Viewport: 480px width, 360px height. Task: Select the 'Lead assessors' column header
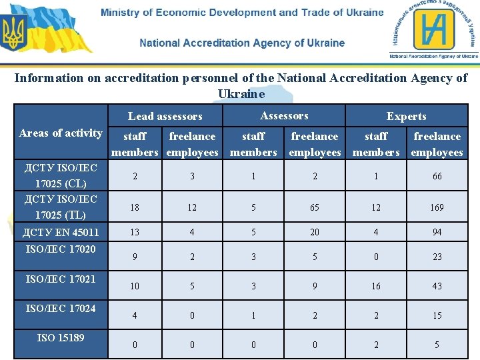click(x=165, y=116)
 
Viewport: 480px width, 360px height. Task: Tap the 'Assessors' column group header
click(x=284, y=115)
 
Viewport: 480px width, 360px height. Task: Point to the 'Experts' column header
click(x=406, y=116)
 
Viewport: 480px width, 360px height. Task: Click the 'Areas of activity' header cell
click(x=61, y=133)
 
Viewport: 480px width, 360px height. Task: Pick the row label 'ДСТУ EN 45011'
click(x=61, y=232)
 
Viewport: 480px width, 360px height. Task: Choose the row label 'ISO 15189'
click(x=61, y=337)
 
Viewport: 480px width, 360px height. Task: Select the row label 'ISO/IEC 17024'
click(x=61, y=308)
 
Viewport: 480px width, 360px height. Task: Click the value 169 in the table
click(x=437, y=207)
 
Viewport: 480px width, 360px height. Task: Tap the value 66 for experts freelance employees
click(x=437, y=176)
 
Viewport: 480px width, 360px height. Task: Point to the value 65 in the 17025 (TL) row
click(x=315, y=207)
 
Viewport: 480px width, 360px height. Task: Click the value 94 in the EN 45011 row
click(x=437, y=232)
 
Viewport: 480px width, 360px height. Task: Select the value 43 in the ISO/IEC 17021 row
click(x=437, y=286)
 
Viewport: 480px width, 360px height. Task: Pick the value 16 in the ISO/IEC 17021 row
click(x=376, y=286)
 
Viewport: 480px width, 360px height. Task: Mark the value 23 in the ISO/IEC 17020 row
click(x=437, y=257)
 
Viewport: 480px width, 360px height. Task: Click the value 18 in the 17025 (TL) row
click(x=135, y=207)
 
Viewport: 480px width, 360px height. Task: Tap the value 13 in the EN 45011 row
click(x=135, y=232)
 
